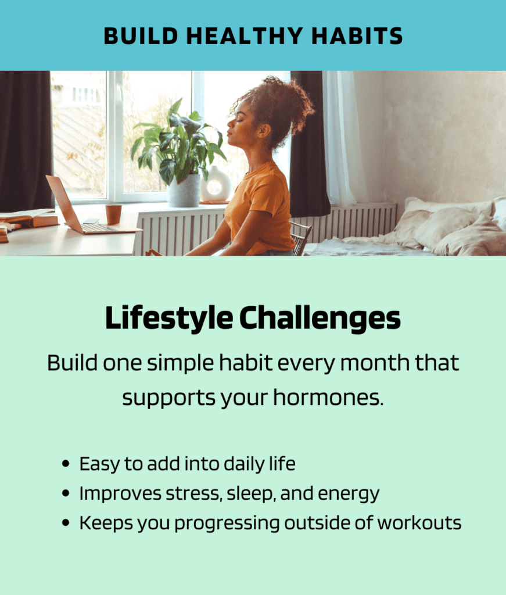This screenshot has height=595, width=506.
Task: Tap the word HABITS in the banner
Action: [x=357, y=36]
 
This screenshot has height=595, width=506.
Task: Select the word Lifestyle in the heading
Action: [x=169, y=318]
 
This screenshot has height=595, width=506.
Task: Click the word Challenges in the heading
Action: [x=320, y=318]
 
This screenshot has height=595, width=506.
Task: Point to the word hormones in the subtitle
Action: [x=328, y=397]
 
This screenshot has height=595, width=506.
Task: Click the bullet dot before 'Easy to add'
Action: [x=66, y=464]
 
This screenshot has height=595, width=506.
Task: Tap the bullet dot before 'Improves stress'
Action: [x=66, y=493]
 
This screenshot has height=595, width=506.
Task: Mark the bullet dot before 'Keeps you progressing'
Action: [x=66, y=523]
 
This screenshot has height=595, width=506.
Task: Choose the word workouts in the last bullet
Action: [x=419, y=523]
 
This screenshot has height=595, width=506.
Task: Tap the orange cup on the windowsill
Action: [x=113, y=214]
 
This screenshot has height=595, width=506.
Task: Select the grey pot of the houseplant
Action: [x=184, y=191]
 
